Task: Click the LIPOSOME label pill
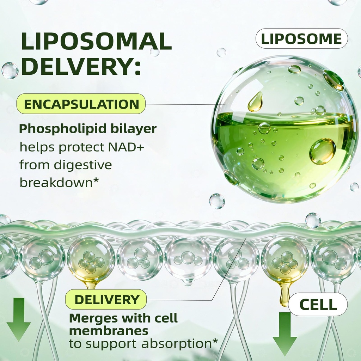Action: [x=302, y=38]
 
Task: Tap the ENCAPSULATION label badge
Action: [x=81, y=104]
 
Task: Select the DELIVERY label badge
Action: [x=106, y=299]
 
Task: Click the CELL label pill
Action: [x=318, y=304]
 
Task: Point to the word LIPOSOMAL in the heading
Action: [x=97, y=42]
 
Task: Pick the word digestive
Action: [x=83, y=165]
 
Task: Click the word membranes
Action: [x=109, y=331]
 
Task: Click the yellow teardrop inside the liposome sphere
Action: [x=255, y=102]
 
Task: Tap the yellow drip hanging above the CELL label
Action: [x=285, y=294]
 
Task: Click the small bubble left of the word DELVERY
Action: [x=10, y=71]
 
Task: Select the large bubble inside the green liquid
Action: [x=322, y=151]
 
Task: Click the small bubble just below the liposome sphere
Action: [x=217, y=201]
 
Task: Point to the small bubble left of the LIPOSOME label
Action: [x=221, y=53]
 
